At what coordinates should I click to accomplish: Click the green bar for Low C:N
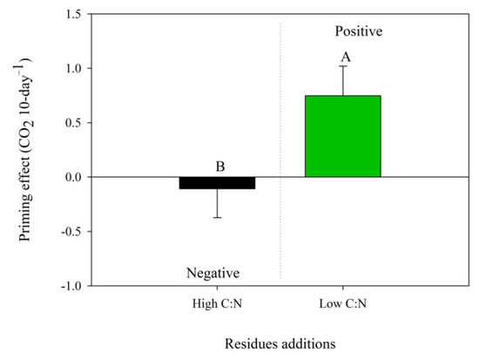pos(342,136)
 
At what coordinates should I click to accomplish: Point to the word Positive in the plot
pos(359,31)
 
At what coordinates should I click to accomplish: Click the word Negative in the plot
pos(213,273)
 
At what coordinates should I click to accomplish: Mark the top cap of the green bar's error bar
pos(342,66)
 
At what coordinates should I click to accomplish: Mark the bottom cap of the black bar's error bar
pos(217,217)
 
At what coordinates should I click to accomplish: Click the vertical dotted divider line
pos(280,105)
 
